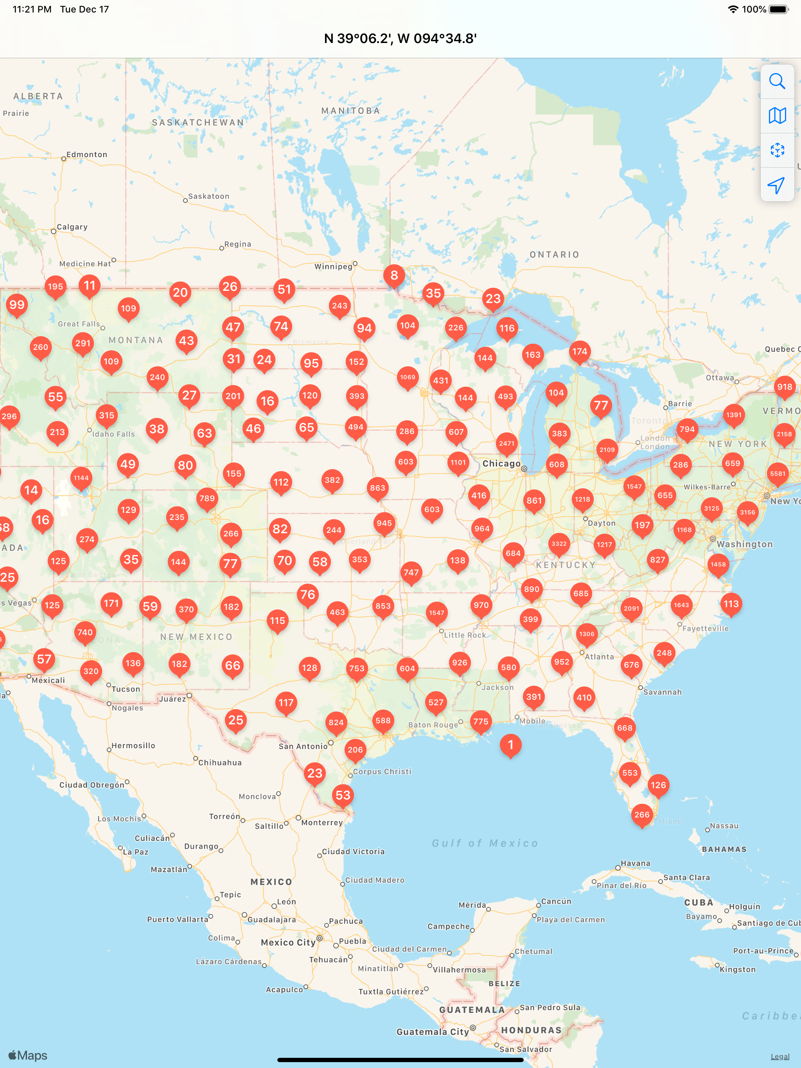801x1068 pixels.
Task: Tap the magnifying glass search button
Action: [777, 81]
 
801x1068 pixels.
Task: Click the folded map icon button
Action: [777, 116]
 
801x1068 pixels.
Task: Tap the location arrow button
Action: [777, 185]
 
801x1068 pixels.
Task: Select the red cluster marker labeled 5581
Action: [777, 474]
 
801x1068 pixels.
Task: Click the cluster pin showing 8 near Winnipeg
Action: [394, 275]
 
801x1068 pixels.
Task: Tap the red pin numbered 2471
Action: [506, 443]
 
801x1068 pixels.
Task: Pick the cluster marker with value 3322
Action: [559, 544]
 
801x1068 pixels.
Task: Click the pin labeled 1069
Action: [407, 377]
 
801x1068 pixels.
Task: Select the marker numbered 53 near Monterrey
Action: [343, 795]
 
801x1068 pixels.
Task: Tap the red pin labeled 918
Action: [785, 387]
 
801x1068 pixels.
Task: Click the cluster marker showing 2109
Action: [607, 450]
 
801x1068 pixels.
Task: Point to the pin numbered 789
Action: [207, 498]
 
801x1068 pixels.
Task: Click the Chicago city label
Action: [501, 464]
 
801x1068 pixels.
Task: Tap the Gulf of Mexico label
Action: [485, 843]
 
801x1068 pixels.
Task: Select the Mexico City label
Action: [288, 943]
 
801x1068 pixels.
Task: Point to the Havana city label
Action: [635, 863]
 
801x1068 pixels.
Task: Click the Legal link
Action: [780, 1056]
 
